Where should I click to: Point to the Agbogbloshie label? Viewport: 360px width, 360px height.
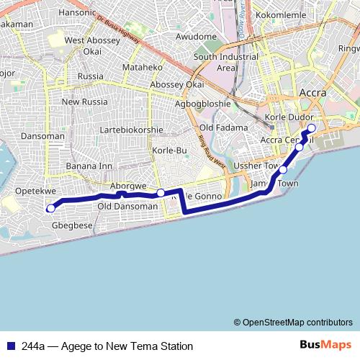coord(203,104)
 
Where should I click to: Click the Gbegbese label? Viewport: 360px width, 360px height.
coord(72,225)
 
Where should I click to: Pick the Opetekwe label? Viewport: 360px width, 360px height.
coord(35,192)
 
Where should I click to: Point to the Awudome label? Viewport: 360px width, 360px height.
coord(196,36)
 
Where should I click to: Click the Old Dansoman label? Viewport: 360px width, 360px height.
coord(127,207)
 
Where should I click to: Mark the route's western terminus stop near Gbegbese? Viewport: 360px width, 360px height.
coord(50,209)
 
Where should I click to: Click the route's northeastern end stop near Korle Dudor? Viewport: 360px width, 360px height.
coord(312,129)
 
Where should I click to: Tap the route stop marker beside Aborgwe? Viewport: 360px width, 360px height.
coord(161,192)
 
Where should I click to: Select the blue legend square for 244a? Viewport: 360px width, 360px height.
coord(10,346)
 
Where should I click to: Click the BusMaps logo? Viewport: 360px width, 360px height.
coord(325,346)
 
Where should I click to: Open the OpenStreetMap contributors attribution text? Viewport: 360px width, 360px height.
coord(293,322)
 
